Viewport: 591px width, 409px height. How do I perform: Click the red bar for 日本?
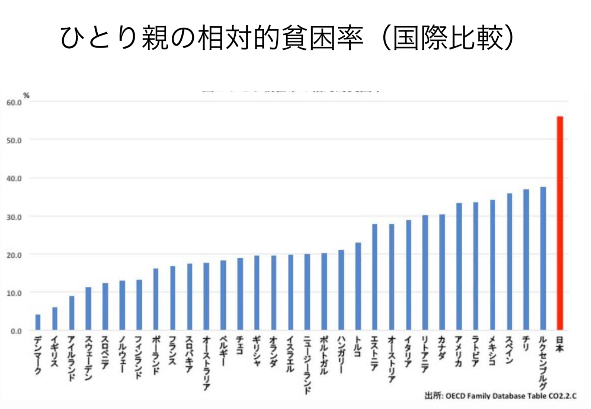tap(560, 223)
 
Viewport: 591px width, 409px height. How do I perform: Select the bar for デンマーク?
tap(38, 322)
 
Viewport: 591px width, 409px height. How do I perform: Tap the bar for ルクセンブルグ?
tap(543, 258)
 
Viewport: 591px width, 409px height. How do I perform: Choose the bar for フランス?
tap(172, 298)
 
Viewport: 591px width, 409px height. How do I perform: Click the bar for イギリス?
tap(55, 319)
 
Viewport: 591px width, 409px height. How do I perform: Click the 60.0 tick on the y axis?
tap(14, 103)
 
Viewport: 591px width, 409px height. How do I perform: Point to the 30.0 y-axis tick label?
tap(14, 217)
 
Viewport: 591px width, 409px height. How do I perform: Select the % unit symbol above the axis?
tap(26, 95)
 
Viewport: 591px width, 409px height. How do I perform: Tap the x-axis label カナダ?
tap(442, 348)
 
